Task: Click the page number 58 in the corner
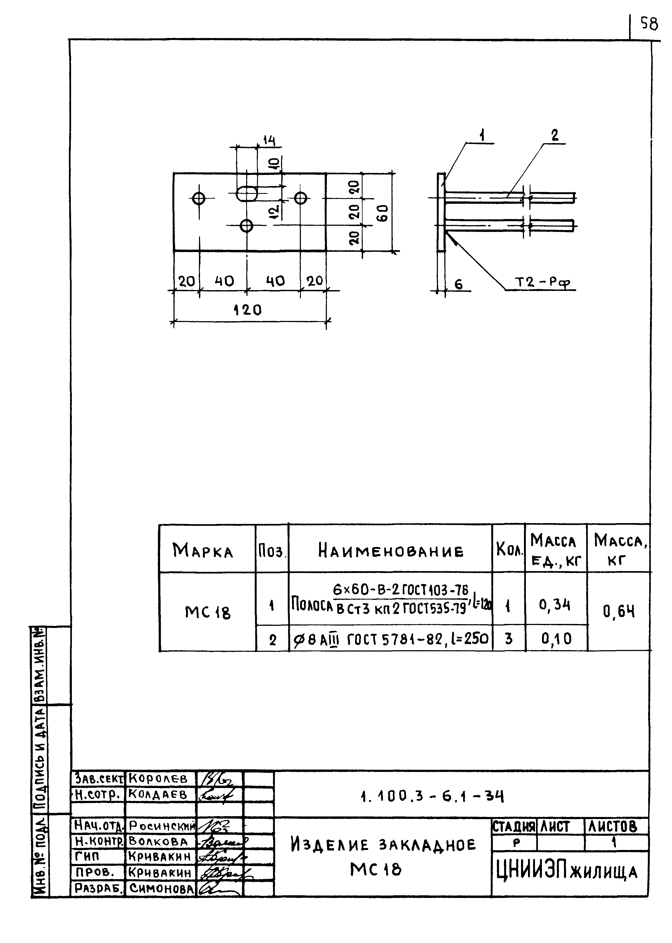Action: click(649, 24)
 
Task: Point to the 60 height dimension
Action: click(383, 213)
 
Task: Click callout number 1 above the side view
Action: click(482, 135)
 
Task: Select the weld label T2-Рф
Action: click(542, 283)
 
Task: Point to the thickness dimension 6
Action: click(459, 284)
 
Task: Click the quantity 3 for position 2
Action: click(508, 639)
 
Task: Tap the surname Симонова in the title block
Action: click(161, 888)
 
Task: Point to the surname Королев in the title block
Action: click(158, 779)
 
